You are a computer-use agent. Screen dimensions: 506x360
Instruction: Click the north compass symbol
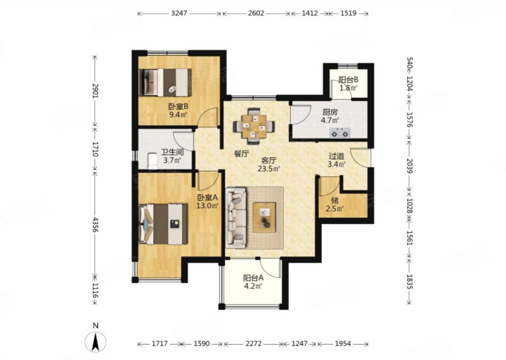click(x=96, y=342)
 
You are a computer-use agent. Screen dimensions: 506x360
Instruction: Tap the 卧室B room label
click(x=178, y=106)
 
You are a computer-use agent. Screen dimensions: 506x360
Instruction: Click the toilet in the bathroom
click(x=152, y=161)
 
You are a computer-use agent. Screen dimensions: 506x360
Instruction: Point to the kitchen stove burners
click(x=340, y=132)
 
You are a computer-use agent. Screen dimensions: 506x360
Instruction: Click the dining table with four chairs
click(x=254, y=126)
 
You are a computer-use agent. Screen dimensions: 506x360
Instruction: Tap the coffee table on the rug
click(x=264, y=217)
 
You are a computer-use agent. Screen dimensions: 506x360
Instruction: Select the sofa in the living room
click(x=236, y=218)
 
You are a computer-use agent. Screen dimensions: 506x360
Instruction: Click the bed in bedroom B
click(x=165, y=82)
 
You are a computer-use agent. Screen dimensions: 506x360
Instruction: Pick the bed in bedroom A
click(x=163, y=224)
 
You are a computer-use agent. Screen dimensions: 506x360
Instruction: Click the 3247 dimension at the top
click(x=179, y=13)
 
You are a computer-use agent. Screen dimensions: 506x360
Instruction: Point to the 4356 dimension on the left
click(x=95, y=225)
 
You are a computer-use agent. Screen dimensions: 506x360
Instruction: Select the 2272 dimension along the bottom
click(x=254, y=344)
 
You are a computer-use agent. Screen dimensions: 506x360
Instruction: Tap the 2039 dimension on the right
click(x=409, y=166)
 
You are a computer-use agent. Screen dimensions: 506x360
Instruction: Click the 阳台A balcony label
click(x=254, y=278)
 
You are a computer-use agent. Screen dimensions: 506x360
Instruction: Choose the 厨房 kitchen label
click(x=330, y=113)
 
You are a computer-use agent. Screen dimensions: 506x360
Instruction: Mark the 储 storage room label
click(x=335, y=201)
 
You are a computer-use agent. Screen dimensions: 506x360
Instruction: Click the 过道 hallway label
click(x=336, y=156)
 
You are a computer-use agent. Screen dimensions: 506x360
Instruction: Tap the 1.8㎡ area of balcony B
click(x=348, y=87)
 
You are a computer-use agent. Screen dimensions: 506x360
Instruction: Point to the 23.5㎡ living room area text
click(x=268, y=168)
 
